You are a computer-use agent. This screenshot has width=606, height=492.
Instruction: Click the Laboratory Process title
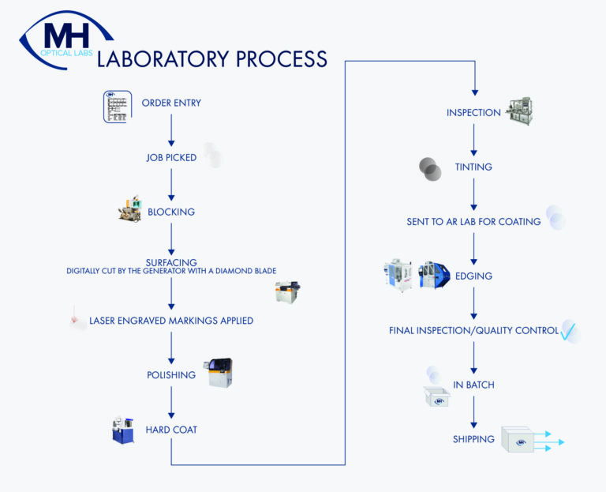click(x=211, y=59)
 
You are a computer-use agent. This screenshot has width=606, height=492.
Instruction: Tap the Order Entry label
click(x=171, y=103)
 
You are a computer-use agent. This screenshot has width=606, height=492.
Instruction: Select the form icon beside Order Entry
click(x=117, y=107)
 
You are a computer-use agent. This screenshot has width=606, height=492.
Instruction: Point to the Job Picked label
click(x=171, y=158)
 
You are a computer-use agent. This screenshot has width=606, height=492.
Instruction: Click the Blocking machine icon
click(x=130, y=208)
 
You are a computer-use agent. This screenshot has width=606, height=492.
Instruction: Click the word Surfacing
click(x=171, y=262)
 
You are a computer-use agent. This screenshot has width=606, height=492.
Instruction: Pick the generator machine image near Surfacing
click(x=286, y=292)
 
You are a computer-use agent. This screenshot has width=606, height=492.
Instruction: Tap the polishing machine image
click(x=219, y=373)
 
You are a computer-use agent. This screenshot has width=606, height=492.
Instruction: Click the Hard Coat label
click(x=171, y=430)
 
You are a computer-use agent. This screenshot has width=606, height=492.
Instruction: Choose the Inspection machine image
click(x=520, y=111)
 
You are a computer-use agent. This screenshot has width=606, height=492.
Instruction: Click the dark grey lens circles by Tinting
click(x=430, y=169)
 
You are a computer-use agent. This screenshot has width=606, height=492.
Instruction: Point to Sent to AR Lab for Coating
click(x=473, y=222)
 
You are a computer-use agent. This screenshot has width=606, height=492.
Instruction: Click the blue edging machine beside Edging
click(x=434, y=275)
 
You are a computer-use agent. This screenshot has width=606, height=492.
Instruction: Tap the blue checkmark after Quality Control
click(x=569, y=332)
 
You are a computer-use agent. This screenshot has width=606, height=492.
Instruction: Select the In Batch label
click(x=473, y=385)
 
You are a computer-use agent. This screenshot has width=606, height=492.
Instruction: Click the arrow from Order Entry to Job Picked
click(x=171, y=130)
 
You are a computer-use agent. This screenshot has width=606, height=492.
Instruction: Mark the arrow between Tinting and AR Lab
click(x=474, y=194)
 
